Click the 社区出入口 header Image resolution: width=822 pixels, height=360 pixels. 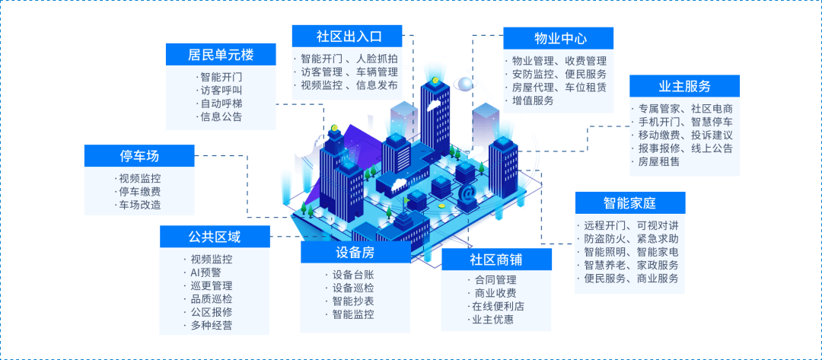point(347,36)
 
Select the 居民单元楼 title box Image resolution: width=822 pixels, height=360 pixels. point(220,55)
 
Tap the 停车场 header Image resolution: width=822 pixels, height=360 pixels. point(139,156)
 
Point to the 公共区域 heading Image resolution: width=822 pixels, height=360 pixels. point(214,237)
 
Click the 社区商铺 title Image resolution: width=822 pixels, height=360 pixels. point(496,259)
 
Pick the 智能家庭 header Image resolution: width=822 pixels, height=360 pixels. point(629,202)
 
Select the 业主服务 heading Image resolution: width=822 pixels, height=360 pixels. point(684,86)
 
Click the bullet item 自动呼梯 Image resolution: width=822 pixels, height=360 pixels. point(221,104)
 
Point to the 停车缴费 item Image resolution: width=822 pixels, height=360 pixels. point(139,192)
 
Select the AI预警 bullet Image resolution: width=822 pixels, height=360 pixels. point(206,272)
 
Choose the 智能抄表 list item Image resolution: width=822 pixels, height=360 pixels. point(353,301)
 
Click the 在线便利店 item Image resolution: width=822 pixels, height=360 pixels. point(498,306)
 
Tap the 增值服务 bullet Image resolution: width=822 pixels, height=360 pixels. point(533,100)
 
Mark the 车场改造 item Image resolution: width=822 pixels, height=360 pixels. point(139,205)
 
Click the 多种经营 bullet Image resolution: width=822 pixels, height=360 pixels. point(212,326)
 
